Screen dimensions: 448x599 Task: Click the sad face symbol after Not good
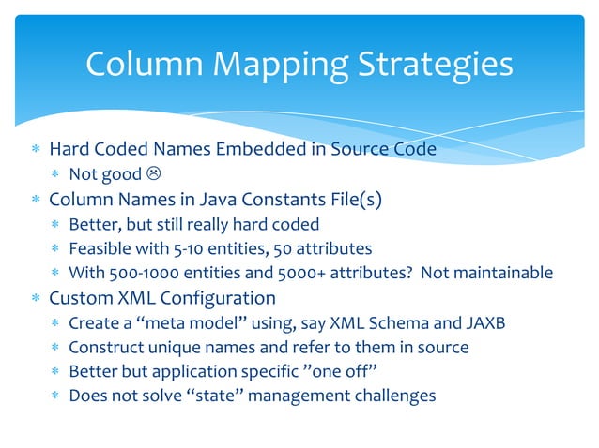(153, 174)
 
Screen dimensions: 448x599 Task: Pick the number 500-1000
(142, 274)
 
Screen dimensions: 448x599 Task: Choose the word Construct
(102, 348)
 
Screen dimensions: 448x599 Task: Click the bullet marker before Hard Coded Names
(36, 150)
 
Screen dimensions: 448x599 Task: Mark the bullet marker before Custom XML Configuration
(36, 299)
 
